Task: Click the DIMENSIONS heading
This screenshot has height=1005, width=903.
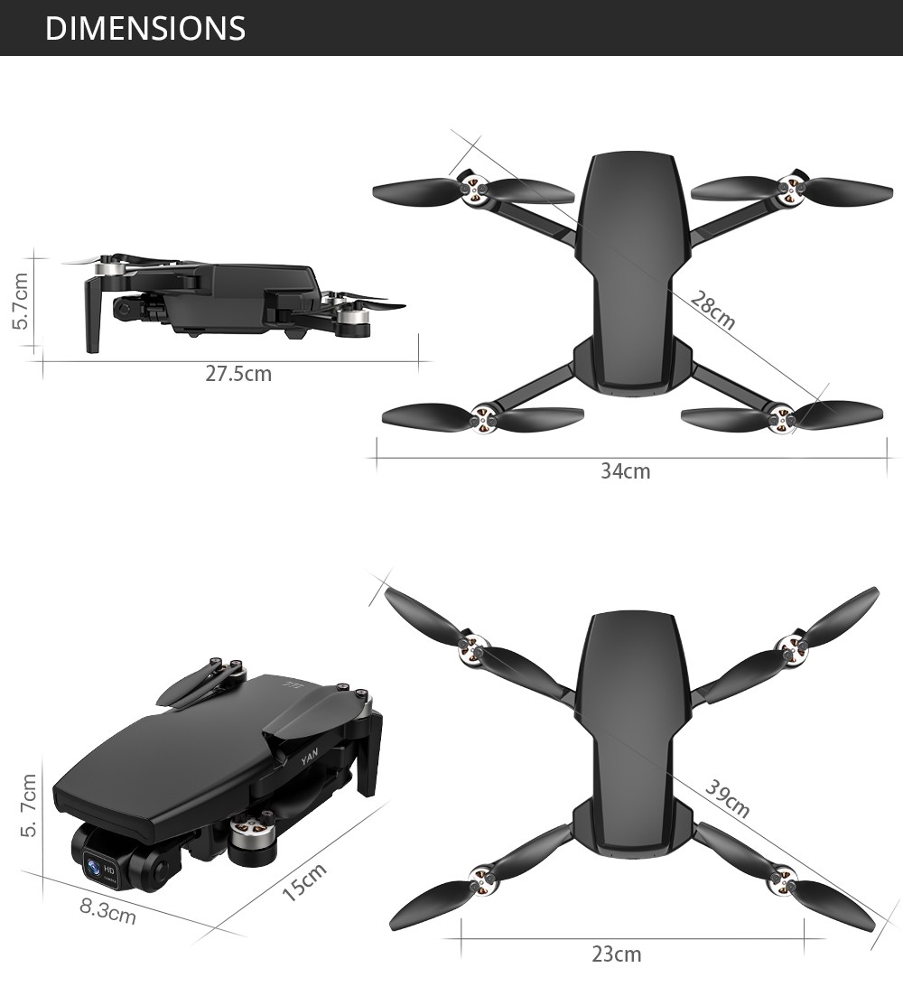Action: click(x=144, y=28)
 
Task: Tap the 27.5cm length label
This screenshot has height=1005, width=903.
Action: click(x=238, y=373)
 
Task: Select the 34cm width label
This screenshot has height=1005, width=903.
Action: click(x=625, y=470)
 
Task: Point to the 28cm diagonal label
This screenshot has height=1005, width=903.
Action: click(x=712, y=311)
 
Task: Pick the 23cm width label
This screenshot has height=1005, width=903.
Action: click(x=617, y=954)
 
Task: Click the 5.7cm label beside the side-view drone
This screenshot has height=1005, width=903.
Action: click(x=23, y=302)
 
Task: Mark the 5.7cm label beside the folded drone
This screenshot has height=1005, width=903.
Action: click(x=28, y=805)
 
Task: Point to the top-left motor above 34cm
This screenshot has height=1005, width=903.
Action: click(x=475, y=188)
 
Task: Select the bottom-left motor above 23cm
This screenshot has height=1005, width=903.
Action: click(x=481, y=875)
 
